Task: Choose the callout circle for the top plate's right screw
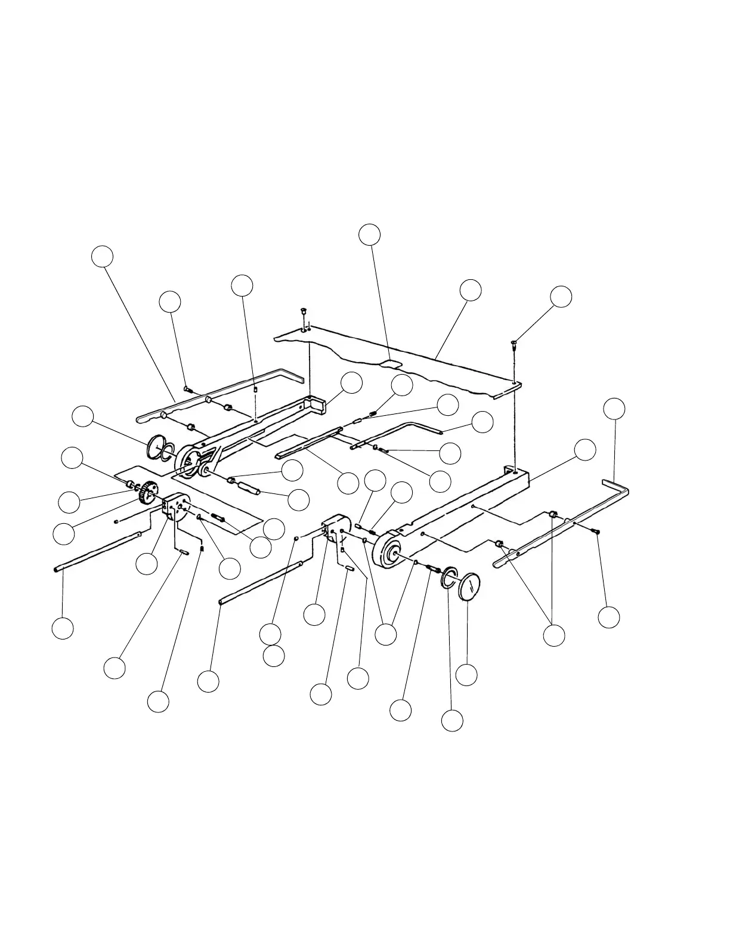coord(561,297)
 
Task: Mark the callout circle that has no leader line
coord(274,656)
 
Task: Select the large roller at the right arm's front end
coord(388,551)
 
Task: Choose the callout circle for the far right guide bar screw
coord(609,617)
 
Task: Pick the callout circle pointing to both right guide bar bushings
coord(555,635)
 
